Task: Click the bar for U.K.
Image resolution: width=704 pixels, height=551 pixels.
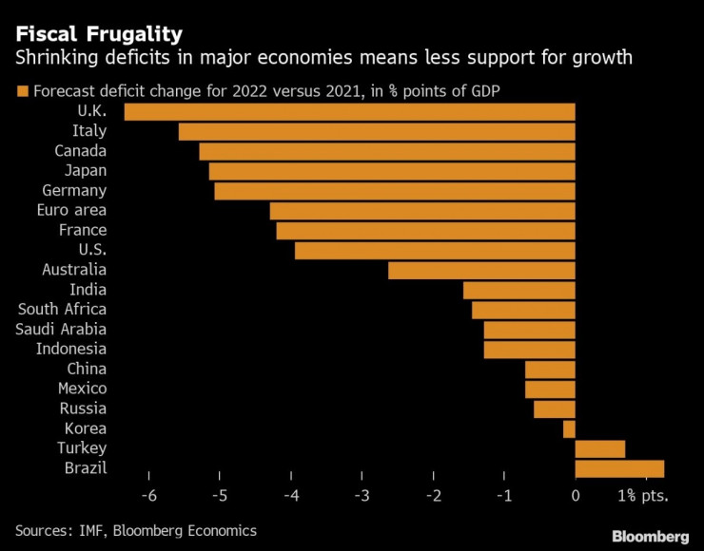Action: [350, 112]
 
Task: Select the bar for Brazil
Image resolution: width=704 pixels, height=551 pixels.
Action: [619, 468]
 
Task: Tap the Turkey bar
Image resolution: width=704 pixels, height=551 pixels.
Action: [600, 448]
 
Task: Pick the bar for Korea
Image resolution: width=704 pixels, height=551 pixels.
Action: [569, 428]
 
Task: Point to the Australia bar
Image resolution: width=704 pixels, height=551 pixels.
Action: [481, 271]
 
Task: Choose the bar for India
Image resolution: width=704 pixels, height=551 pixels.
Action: [519, 290]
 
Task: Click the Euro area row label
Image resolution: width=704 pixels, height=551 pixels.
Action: [71, 211]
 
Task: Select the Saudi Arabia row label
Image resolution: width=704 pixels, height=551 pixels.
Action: [61, 330]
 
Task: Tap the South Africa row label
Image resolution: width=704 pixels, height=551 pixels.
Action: [62, 310]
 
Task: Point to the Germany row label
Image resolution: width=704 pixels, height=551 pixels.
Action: [74, 191]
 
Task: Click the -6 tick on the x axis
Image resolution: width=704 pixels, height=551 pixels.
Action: [148, 496]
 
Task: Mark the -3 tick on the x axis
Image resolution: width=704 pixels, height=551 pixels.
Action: [362, 496]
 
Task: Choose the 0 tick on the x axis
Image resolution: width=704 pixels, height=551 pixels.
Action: [576, 496]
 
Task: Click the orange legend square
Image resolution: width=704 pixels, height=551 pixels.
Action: [21, 92]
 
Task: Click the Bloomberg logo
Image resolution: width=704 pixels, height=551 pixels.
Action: [651, 536]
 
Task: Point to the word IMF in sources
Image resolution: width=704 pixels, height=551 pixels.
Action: [93, 531]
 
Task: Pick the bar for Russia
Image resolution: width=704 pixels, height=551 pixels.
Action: [555, 408]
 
